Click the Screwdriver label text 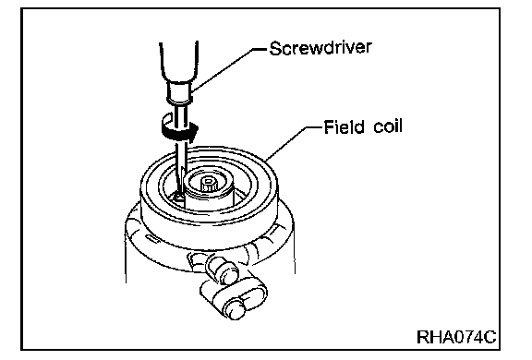click(x=320, y=48)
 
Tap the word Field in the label click(x=344, y=127)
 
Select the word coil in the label click(x=388, y=126)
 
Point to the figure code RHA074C click(x=456, y=337)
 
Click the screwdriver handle click(x=179, y=62)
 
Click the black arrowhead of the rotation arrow click(x=192, y=133)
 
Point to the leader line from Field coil click(x=293, y=143)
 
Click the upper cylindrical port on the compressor click(x=223, y=269)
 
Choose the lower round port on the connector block click(x=236, y=307)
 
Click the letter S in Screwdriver click(x=276, y=48)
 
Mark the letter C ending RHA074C click(x=490, y=337)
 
